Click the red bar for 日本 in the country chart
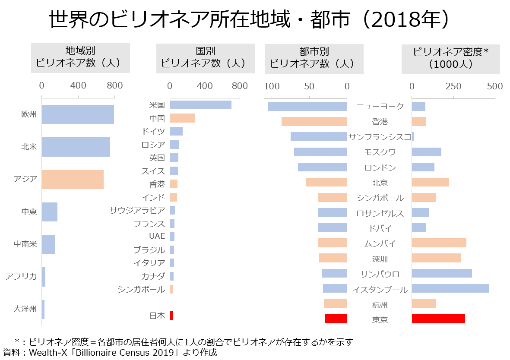click(171, 316)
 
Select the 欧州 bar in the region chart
click(78, 114)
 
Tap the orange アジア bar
click(73, 179)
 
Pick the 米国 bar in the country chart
click(200, 105)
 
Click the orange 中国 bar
click(182, 118)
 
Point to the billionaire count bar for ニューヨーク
click(307, 106)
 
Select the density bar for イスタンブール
click(450, 288)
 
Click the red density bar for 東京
click(438, 319)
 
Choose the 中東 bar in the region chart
click(50, 212)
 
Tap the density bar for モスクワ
click(426, 152)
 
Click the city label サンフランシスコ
click(380, 137)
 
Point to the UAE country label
click(157, 236)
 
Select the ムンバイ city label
click(380, 243)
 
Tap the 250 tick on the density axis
click(453, 86)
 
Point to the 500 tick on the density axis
click(494, 86)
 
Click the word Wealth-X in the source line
click(47, 353)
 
